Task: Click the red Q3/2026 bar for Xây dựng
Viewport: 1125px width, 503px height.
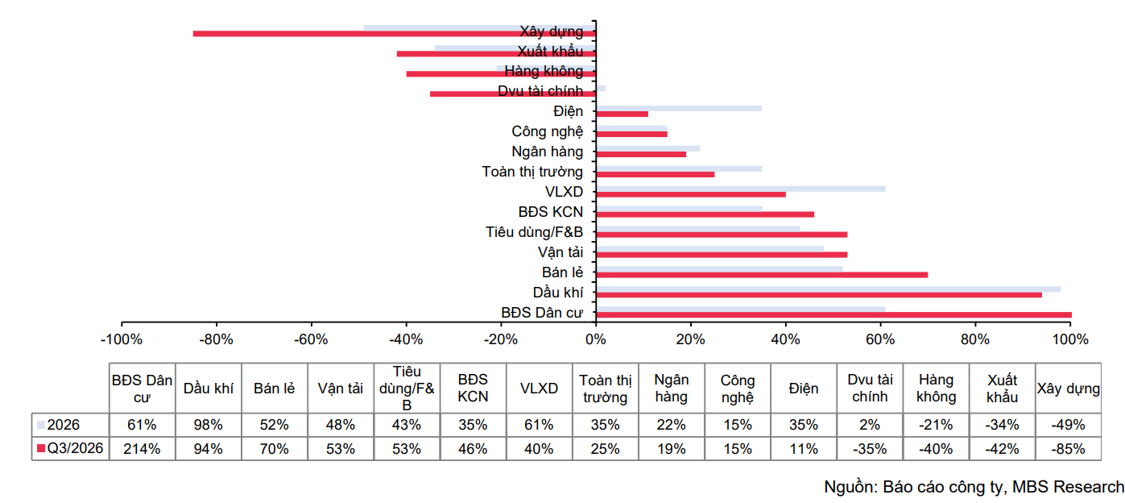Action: [x=395, y=34]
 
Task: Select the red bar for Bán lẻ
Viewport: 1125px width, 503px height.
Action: [x=762, y=275]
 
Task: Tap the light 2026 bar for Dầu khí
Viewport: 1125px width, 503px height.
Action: [x=828, y=289]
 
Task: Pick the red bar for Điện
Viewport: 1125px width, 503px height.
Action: [x=622, y=114]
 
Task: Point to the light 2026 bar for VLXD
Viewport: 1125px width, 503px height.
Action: [x=741, y=189]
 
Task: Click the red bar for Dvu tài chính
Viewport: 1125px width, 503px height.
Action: [x=513, y=94]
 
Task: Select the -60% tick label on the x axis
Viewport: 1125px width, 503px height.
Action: [x=311, y=339]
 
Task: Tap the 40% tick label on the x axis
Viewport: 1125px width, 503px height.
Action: [x=785, y=339]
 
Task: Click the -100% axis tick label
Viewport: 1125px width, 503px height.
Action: [x=122, y=339]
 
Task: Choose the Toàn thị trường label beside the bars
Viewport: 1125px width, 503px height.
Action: [x=532, y=172]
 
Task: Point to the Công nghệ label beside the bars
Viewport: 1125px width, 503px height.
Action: [x=547, y=131]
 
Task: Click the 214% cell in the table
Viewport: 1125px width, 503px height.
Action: [x=142, y=449]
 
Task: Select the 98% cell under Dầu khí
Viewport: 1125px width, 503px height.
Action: [x=208, y=425]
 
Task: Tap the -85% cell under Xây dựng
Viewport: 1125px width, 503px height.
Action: [x=1069, y=449]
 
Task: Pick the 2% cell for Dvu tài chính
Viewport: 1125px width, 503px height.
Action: [x=870, y=425]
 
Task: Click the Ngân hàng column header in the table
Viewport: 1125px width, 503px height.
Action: [x=672, y=389]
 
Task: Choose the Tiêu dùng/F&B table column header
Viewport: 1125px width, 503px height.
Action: [x=407, y=389]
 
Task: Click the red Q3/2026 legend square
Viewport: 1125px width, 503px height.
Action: [x=41, y=448]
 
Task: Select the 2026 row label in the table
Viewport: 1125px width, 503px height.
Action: [x=64, y=425]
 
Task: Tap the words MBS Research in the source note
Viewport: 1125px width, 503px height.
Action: [x=1068, y=487]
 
